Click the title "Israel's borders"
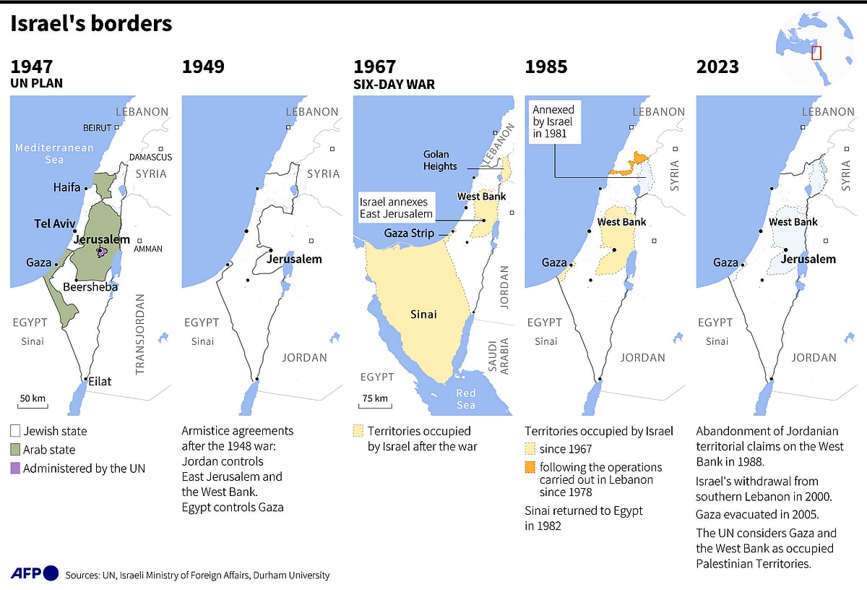click(x=91, y=24)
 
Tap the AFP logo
click(x=34, y=573)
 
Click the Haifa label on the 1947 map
click(x=66, y=187)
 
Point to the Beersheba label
click(x=90, y=287)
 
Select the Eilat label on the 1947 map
click(x=100, y=380)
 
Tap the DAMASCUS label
click(x=150, y=157)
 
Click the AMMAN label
click(x=148, y=249)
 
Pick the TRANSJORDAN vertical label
click(x=140, y=333)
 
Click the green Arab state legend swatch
click(x=16, y=450)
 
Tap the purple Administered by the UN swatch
click(x=16, y=469)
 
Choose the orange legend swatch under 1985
click(x=530, y=467)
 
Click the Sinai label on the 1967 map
click(x=423, y=315)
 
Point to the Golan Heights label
click(x=441, y=161)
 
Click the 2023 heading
click(x=717, y=67)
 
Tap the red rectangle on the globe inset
click(x=816, y=53)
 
